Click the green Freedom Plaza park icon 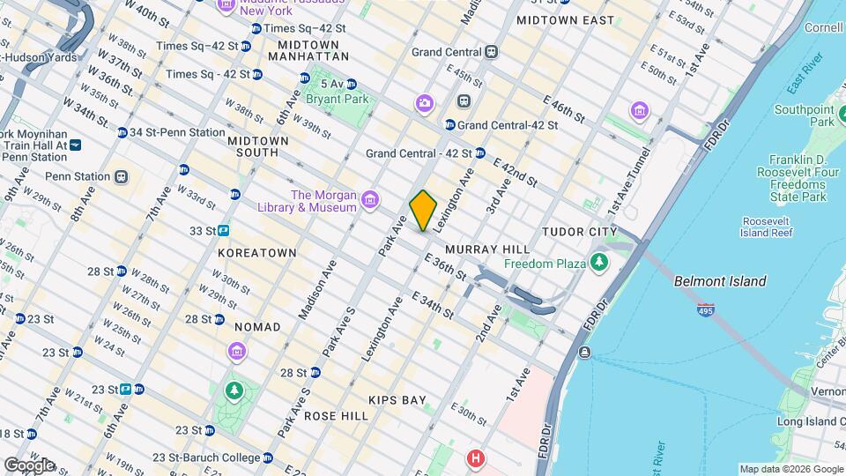point(600,263)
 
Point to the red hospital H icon point(477,458)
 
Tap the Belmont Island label point(720,282)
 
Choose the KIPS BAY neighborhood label point(397,400)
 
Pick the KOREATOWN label point(257,253)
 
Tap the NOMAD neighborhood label point(256,327)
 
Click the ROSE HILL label point(336,415)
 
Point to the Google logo point(28,465)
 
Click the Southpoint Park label point(804,115)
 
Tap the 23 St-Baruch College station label point(206,457)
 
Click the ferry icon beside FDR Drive point(584,353)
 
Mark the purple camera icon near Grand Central point(425,104)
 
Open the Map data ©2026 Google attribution point(791,469)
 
